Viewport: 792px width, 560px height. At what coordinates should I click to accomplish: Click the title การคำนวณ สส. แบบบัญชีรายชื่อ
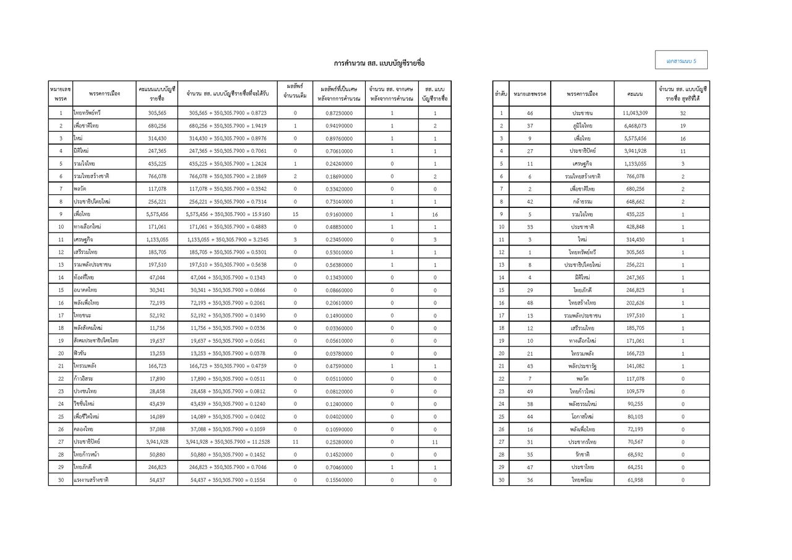(x=379, y=63)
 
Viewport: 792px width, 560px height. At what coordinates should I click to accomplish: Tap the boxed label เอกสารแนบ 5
(x=681, y=61)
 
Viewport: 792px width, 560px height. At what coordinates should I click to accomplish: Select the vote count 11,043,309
(x=635, y=113)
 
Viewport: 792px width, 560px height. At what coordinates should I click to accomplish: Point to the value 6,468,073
(x=635, y=126)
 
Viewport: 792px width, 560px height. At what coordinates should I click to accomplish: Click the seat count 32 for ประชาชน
(x=682, y=113)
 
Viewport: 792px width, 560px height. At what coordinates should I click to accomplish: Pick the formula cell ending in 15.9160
(x=227, y=214)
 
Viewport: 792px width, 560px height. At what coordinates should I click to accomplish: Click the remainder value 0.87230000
(x=339, y=113)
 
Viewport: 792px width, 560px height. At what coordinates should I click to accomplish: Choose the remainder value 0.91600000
(x=339, y=214)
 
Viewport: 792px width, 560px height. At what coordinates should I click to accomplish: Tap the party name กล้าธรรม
(x=582, y=202)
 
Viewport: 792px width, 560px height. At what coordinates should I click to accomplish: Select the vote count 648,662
(x=635, y=202)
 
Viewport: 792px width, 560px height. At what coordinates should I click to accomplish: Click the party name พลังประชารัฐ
(x=582, y=366)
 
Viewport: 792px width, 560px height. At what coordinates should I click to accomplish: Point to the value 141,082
(x=635, y=366)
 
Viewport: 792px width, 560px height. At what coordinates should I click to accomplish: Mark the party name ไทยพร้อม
(x=582, y=480)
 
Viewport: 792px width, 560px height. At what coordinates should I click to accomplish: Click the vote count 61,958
(x=635, y=480)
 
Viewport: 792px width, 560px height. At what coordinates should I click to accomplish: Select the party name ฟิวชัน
(x=81, y=353)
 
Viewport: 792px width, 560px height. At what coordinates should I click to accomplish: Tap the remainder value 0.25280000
(x=339, y=442)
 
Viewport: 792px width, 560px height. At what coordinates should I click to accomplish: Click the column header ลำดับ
(x=501, y=93)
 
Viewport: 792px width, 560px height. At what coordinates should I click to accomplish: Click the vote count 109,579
(x=635, y=391)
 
